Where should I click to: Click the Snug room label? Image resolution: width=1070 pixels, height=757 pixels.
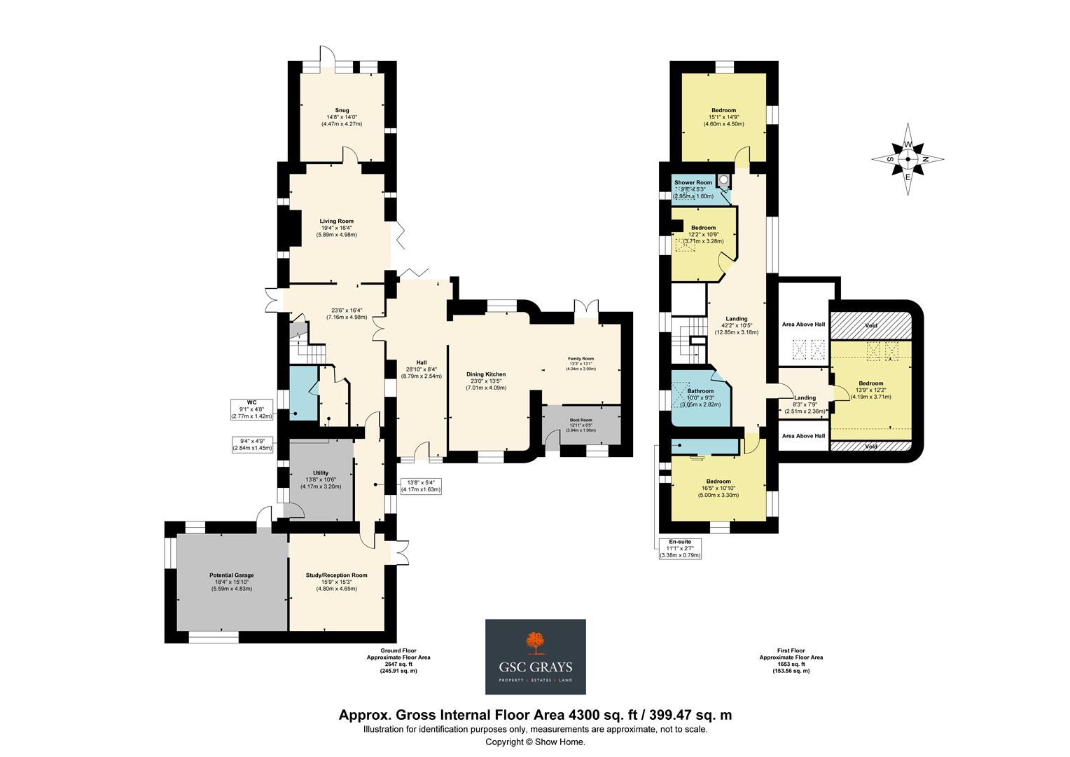click(342, 110)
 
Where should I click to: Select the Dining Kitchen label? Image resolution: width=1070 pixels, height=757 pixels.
click(486, 374)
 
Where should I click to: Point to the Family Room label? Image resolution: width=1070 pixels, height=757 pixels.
click(581, 358)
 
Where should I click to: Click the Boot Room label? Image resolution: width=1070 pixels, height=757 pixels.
click(581, 420)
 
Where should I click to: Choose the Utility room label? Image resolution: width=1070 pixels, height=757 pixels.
click(321, 473)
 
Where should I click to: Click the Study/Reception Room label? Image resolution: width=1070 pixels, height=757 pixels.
click(336, 575)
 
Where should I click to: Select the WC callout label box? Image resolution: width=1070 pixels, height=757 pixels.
click(251, 409)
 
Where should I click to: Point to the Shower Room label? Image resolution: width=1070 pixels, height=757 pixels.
click(693, 182)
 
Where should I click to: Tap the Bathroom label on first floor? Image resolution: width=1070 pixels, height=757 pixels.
click(700, 391)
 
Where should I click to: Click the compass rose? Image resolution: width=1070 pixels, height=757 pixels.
click(908, 159)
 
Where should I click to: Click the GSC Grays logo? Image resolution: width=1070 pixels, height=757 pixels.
click(536, 656)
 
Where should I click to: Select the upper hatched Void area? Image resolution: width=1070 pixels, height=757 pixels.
click(870, 326)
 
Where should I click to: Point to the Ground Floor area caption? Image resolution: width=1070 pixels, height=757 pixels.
click(398, 660)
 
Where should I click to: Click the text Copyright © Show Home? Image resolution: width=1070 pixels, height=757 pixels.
click(535, 742)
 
